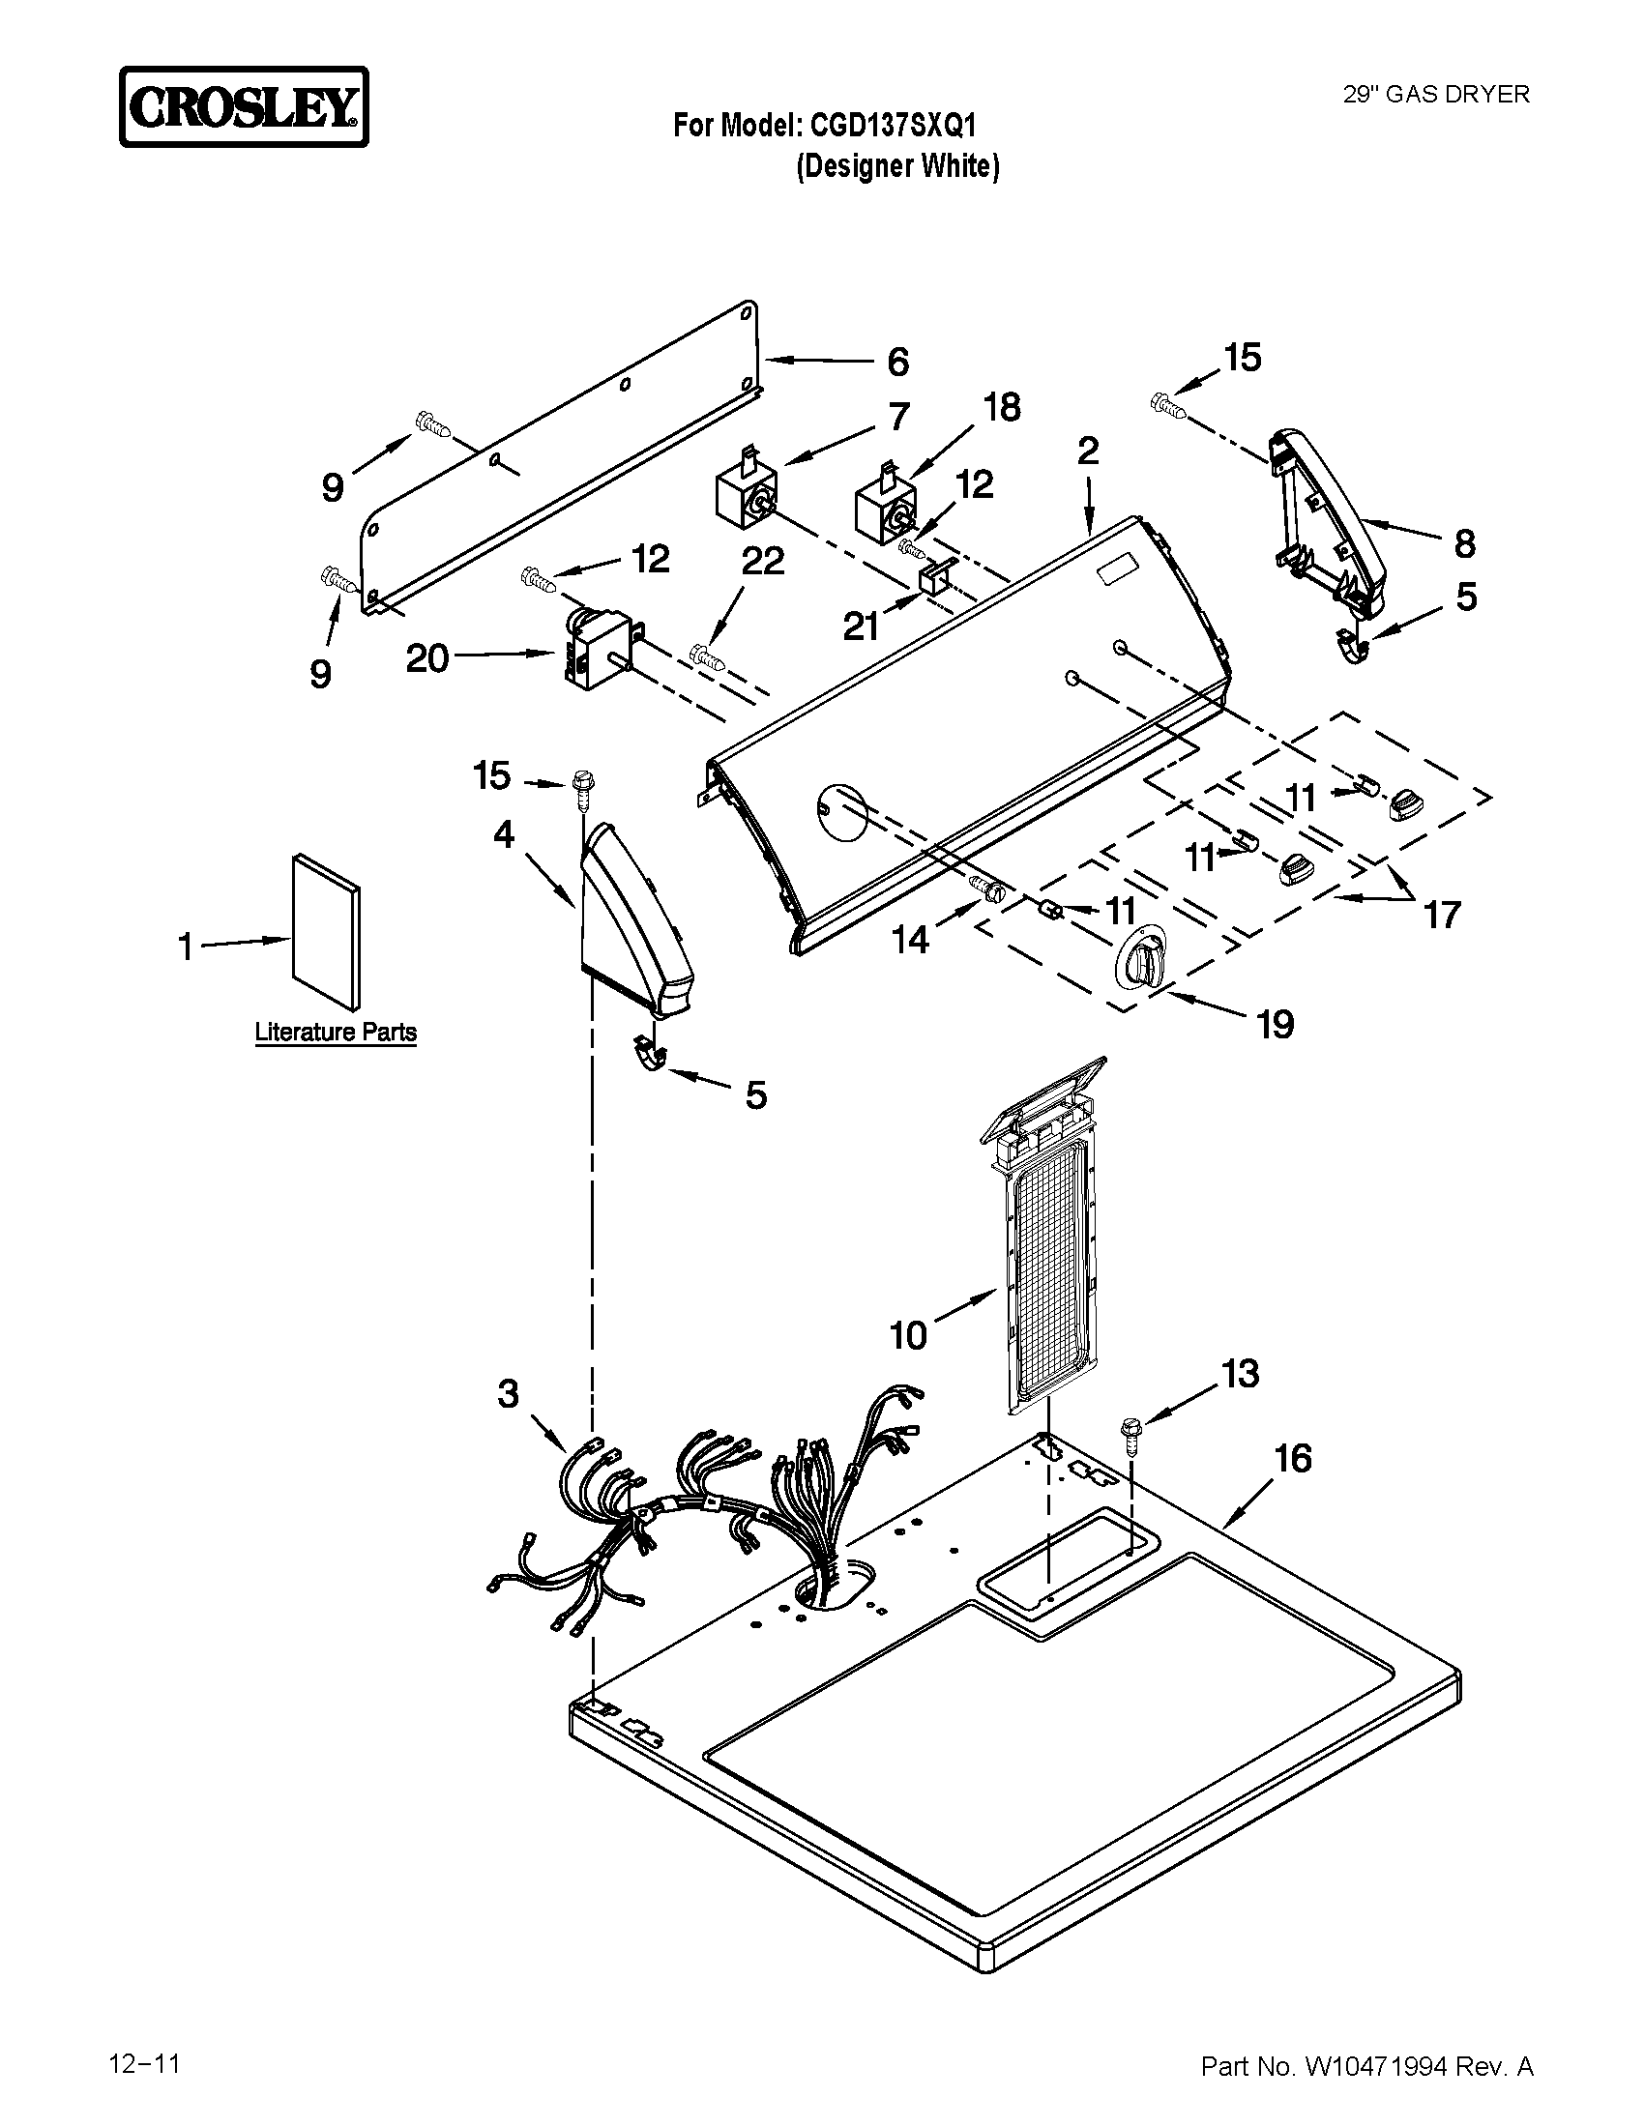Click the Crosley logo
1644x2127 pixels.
pyautogui.click(x=244, y=107)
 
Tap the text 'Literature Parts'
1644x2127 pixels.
pyautogui.click(x=335, y=1033)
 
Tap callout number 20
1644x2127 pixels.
pyautogui.click(x=427, y=659)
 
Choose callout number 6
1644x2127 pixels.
pyautogui.click(x=897, y=363)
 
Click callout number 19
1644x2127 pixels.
pyautogui.click(x=1276, y=1024)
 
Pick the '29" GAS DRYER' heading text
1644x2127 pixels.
pyautogui.click(x=1436, y=94)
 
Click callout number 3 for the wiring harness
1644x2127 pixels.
pyautogui.click(x=509, y=1393)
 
